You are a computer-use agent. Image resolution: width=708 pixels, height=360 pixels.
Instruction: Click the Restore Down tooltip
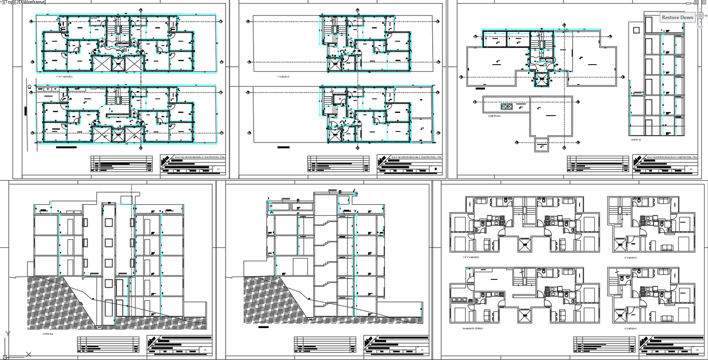(677, 17)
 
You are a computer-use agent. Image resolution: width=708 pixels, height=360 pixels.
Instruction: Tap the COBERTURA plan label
(494, 116)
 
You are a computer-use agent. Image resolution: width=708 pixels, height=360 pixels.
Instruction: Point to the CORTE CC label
(636, 139)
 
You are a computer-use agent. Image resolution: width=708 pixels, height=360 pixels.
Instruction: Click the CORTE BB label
(48, 334)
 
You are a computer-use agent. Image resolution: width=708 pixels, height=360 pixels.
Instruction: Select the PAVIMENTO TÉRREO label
(473, 329)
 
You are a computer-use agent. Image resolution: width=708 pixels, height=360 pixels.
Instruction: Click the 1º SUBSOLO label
(284, 77)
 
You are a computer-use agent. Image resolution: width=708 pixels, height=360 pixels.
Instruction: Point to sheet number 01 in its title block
(218, 169)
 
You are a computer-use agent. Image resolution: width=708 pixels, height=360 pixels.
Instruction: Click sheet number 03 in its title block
(691, 169)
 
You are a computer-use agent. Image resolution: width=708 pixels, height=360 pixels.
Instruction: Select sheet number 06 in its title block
(696, 350)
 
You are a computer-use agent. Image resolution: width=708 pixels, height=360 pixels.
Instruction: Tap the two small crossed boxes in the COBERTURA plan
(506, 106)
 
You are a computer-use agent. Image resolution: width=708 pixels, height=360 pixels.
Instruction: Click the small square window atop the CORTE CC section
(636, 30)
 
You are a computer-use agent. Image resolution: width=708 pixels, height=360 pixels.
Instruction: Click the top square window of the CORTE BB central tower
(108, 222)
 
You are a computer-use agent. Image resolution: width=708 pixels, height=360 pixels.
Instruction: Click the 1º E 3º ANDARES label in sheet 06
(471, 257)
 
